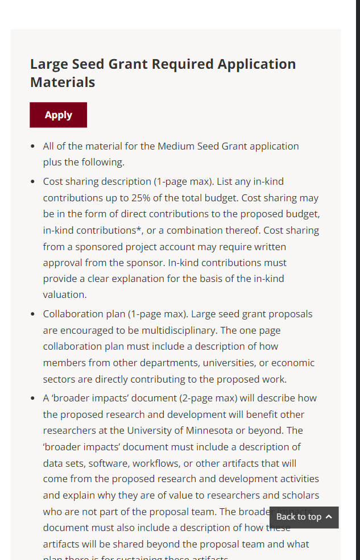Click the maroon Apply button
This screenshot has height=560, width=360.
[x=58, y=115]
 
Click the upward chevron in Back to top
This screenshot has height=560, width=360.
[x=329, y=517]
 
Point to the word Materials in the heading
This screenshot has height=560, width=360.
[x=63, y=82]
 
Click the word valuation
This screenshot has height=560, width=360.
[x=65, y=294]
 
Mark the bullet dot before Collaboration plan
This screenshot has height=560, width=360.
[x=33, y=314]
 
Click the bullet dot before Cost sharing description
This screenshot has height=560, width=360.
[x=33, y=182]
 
